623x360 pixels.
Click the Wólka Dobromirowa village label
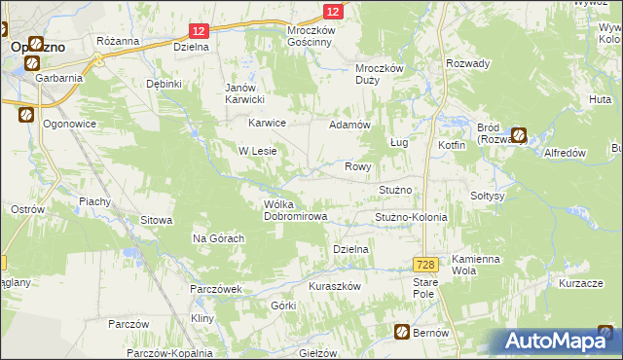pyautogui.click(x=295, y=210)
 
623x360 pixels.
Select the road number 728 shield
pyautogui.click(x=423, y=265)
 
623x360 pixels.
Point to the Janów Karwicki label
pyautogui.click(x=245, y=92)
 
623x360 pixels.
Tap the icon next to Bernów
pyautogui.click(x=401, y=333)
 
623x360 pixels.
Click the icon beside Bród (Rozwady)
pyautogui.click(x=520, y=136)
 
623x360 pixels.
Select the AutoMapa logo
pyautogui.click(x=556, y=342)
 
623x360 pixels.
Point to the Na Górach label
pyautogui.click(x=217, y=238)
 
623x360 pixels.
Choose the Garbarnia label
pyautogui.click(x=55, y=76)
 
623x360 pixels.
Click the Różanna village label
pyautogui.click(x=118, y=41)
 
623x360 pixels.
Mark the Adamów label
pyautogui.click(x=350, y=126)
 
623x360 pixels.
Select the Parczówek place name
pyautogui.click(x=216, y=289)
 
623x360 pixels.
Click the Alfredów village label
pyautogui.click(x=564, y=153)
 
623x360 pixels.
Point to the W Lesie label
pyautogui.click(x=259, y=151)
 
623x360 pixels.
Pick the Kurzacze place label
pyautogui.click(x=577, y=282)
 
